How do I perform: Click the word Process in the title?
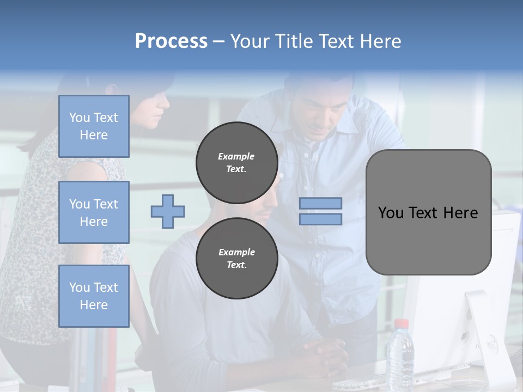(x=171, y=41)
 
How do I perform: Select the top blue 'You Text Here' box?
(x=94, y=126)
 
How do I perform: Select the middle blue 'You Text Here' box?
(x=94, y=212)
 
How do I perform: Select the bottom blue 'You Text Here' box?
(x=94, y=296)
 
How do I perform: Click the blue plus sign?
(x=168, y=211)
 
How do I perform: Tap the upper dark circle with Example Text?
(x=237, y=163)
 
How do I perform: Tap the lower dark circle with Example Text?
(x=237, y=259)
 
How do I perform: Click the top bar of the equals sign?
(x=320, y=203)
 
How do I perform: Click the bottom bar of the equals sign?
(x=320, y=219)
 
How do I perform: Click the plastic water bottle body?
(x=400, y=359)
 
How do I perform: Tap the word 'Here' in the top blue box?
(x=94, y=135)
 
